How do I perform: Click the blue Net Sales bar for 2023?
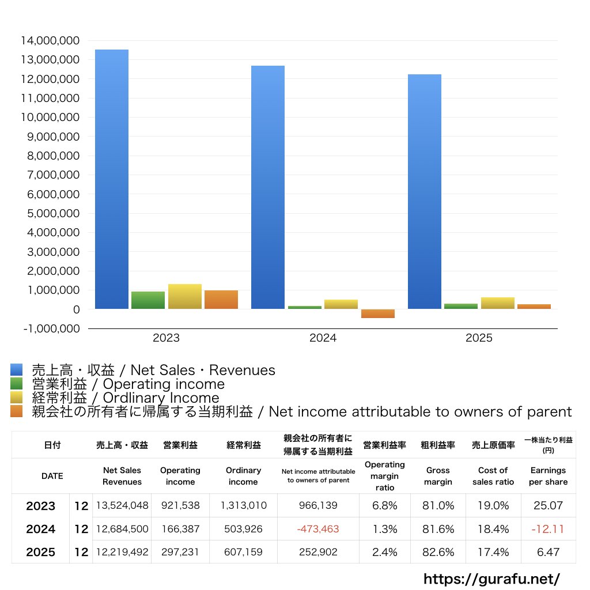coord(112,179)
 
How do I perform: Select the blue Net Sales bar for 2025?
coord(425,191)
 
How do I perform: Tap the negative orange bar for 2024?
coord(378,313)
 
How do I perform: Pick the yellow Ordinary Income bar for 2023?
coord(185,297)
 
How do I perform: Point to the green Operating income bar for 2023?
coord(148,300)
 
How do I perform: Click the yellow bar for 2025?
coord(497,303)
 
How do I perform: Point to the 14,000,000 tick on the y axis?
coord(50,40)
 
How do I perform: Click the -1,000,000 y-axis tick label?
coord(51,328)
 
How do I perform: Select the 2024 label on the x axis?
coord(323,338)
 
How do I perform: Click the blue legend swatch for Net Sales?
coord(17,369)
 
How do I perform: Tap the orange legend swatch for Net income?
coord(17,411)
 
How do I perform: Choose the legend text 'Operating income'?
coord(164,384)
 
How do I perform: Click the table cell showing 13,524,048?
coord(122,505)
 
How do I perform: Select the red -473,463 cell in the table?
coord(318,529)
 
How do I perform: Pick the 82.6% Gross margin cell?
coord(438,552)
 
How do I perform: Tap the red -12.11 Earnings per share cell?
coord(548,529)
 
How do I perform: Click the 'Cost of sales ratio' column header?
coord(493,476)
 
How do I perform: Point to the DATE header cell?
coord(52,476)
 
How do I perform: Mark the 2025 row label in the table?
coord(41,552)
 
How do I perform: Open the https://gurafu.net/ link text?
coord(491,578)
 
